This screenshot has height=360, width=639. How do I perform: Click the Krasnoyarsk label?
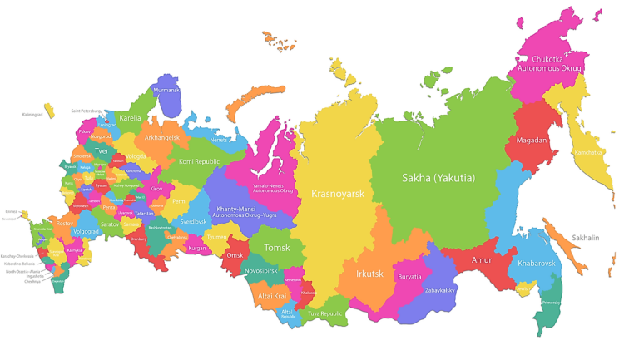point(338,193)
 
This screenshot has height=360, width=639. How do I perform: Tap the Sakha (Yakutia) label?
point(438,177)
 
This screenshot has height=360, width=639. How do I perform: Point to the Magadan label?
point(532,140)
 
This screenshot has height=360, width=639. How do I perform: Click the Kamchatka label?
point(588,152)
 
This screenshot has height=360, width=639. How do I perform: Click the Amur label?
point(480,260)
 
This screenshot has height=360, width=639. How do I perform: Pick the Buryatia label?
point(409,276)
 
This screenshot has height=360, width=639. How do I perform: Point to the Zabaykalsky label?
point(438,290)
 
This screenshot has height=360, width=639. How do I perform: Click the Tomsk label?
point(277,248)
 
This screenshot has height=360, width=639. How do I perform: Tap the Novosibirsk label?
point(267,271)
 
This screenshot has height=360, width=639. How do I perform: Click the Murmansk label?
point(166,89)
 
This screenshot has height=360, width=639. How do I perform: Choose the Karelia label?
point(131,118)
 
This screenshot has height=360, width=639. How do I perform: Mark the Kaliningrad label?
point(32,114)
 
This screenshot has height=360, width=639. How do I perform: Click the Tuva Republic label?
point(325,313)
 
